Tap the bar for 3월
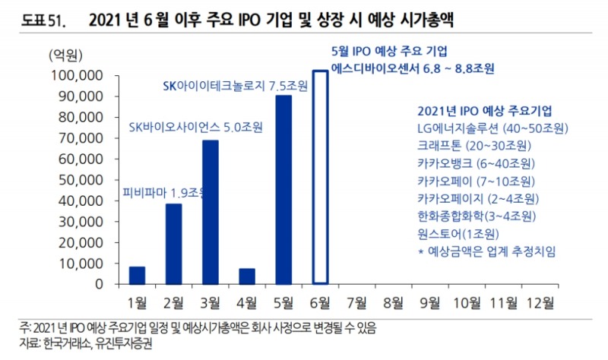click(x=211, y=212)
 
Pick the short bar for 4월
click(x=247, y=276)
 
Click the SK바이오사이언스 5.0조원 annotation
click(x=195, y=127)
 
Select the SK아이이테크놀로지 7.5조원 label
click(x=236, y=86)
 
